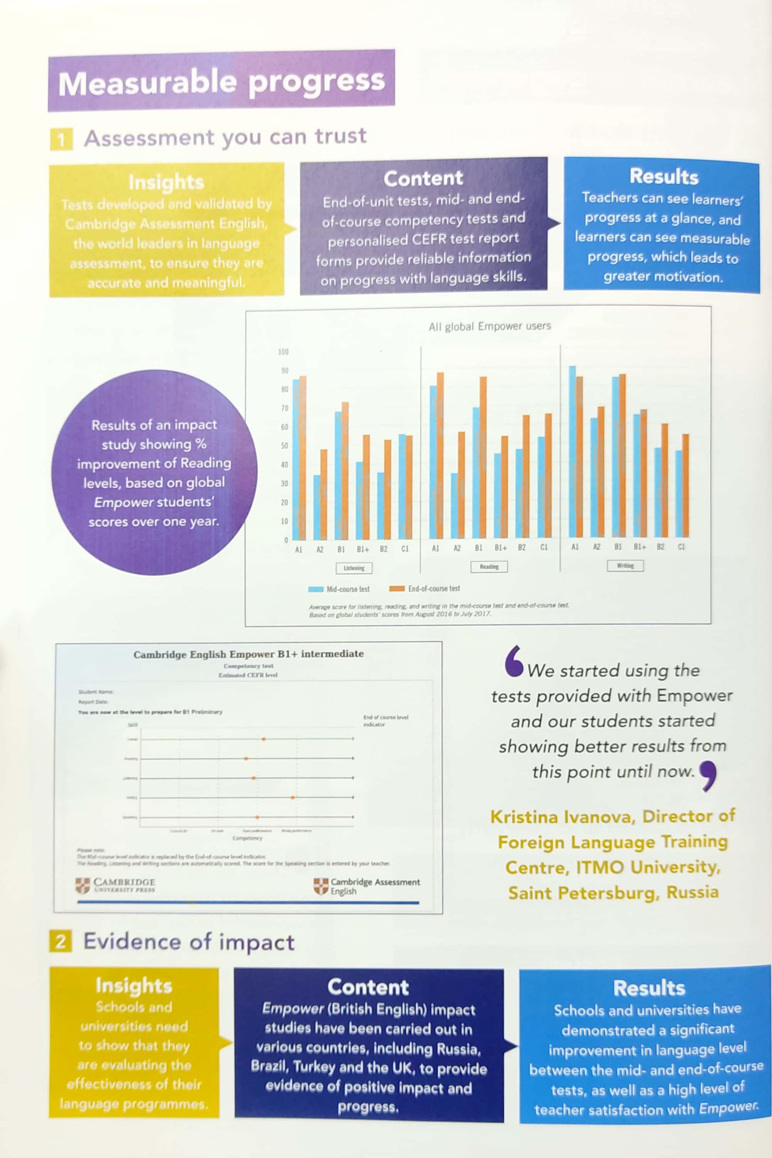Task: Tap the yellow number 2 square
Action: coord(61,941)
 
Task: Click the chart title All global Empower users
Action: coord(489,326)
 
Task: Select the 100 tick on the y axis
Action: coord(283,352)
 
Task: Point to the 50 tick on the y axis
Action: coord(284,446)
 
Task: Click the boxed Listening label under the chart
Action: coord(354,568)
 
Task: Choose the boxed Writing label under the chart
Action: coord(625,565)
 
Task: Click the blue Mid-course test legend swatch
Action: coord(315,589)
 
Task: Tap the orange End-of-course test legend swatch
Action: coord(397,589)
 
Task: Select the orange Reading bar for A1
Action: coord(440,455)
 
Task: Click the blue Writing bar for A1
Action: coord(572,451)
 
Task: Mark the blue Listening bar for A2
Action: coord(317,507)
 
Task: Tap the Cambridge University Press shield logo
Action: coord(83,885)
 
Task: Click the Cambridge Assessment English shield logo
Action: coord(321,887)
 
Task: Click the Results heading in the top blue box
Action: coord(663,176)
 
